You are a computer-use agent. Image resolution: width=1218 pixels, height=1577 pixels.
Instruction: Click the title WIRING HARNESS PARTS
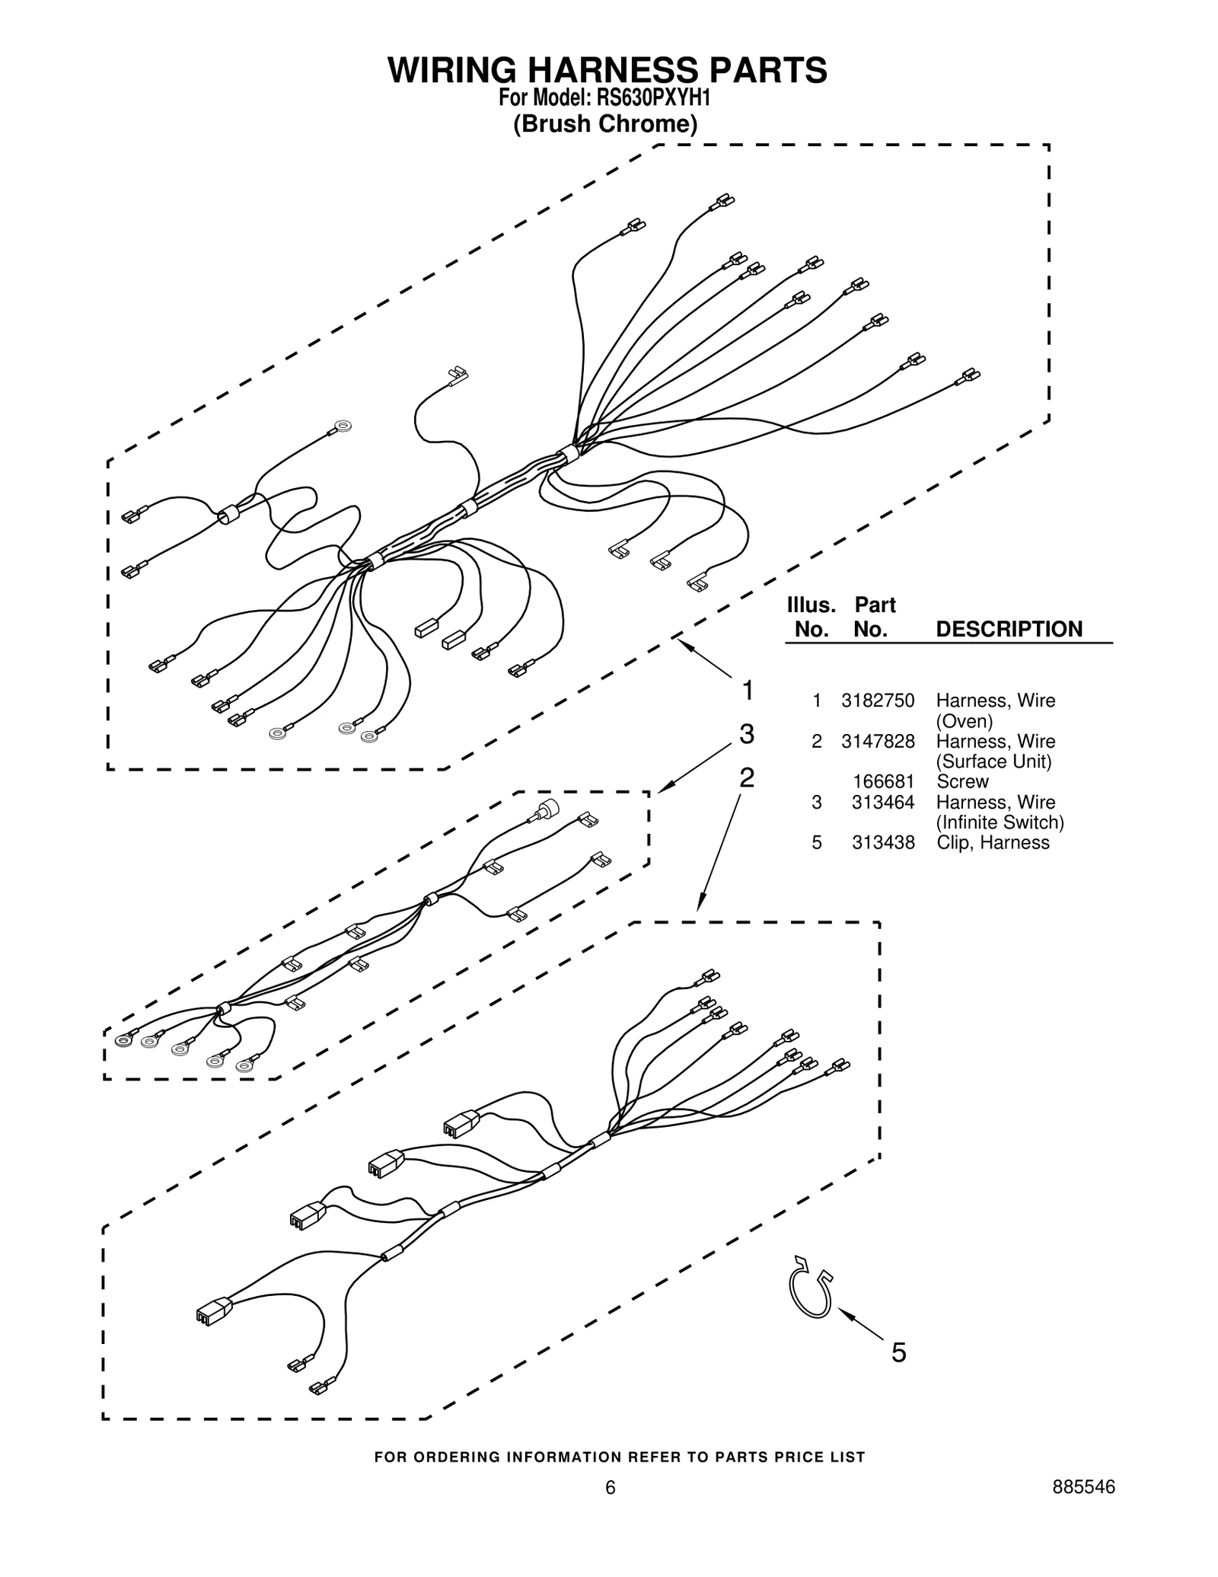coord(607,70)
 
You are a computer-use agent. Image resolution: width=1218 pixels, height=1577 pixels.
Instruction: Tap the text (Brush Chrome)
coord(605,123)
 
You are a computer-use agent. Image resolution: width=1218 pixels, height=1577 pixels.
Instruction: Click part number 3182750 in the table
coord(877,701)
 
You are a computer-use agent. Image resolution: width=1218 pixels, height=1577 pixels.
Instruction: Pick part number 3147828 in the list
coord(877,741)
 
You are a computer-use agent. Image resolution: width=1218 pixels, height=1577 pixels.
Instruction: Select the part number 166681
coord(883,781)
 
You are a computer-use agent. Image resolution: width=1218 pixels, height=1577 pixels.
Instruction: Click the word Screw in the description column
coord(962,781)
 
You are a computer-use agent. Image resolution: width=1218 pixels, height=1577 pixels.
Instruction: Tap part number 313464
coord(883,802)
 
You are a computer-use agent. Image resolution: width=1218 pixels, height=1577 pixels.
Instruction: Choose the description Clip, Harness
coord(993,842)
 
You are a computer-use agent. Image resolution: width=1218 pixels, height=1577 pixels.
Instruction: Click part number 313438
coord(883,842)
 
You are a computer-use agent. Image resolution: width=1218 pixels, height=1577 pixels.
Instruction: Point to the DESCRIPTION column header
coord(1009,629)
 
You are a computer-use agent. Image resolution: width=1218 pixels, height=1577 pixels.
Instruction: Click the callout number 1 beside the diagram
coord(748,691)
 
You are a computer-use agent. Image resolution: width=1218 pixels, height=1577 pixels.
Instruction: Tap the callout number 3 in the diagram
coord(747,734)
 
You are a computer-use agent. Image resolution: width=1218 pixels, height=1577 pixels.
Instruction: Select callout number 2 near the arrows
coord(747,777)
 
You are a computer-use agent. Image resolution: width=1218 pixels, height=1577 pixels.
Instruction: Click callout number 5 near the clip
coord(898,1352)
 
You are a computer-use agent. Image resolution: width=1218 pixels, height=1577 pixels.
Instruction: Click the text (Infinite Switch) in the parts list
coord(1000,822)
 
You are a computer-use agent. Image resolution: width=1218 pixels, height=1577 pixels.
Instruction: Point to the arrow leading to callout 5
coord(860,1323)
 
